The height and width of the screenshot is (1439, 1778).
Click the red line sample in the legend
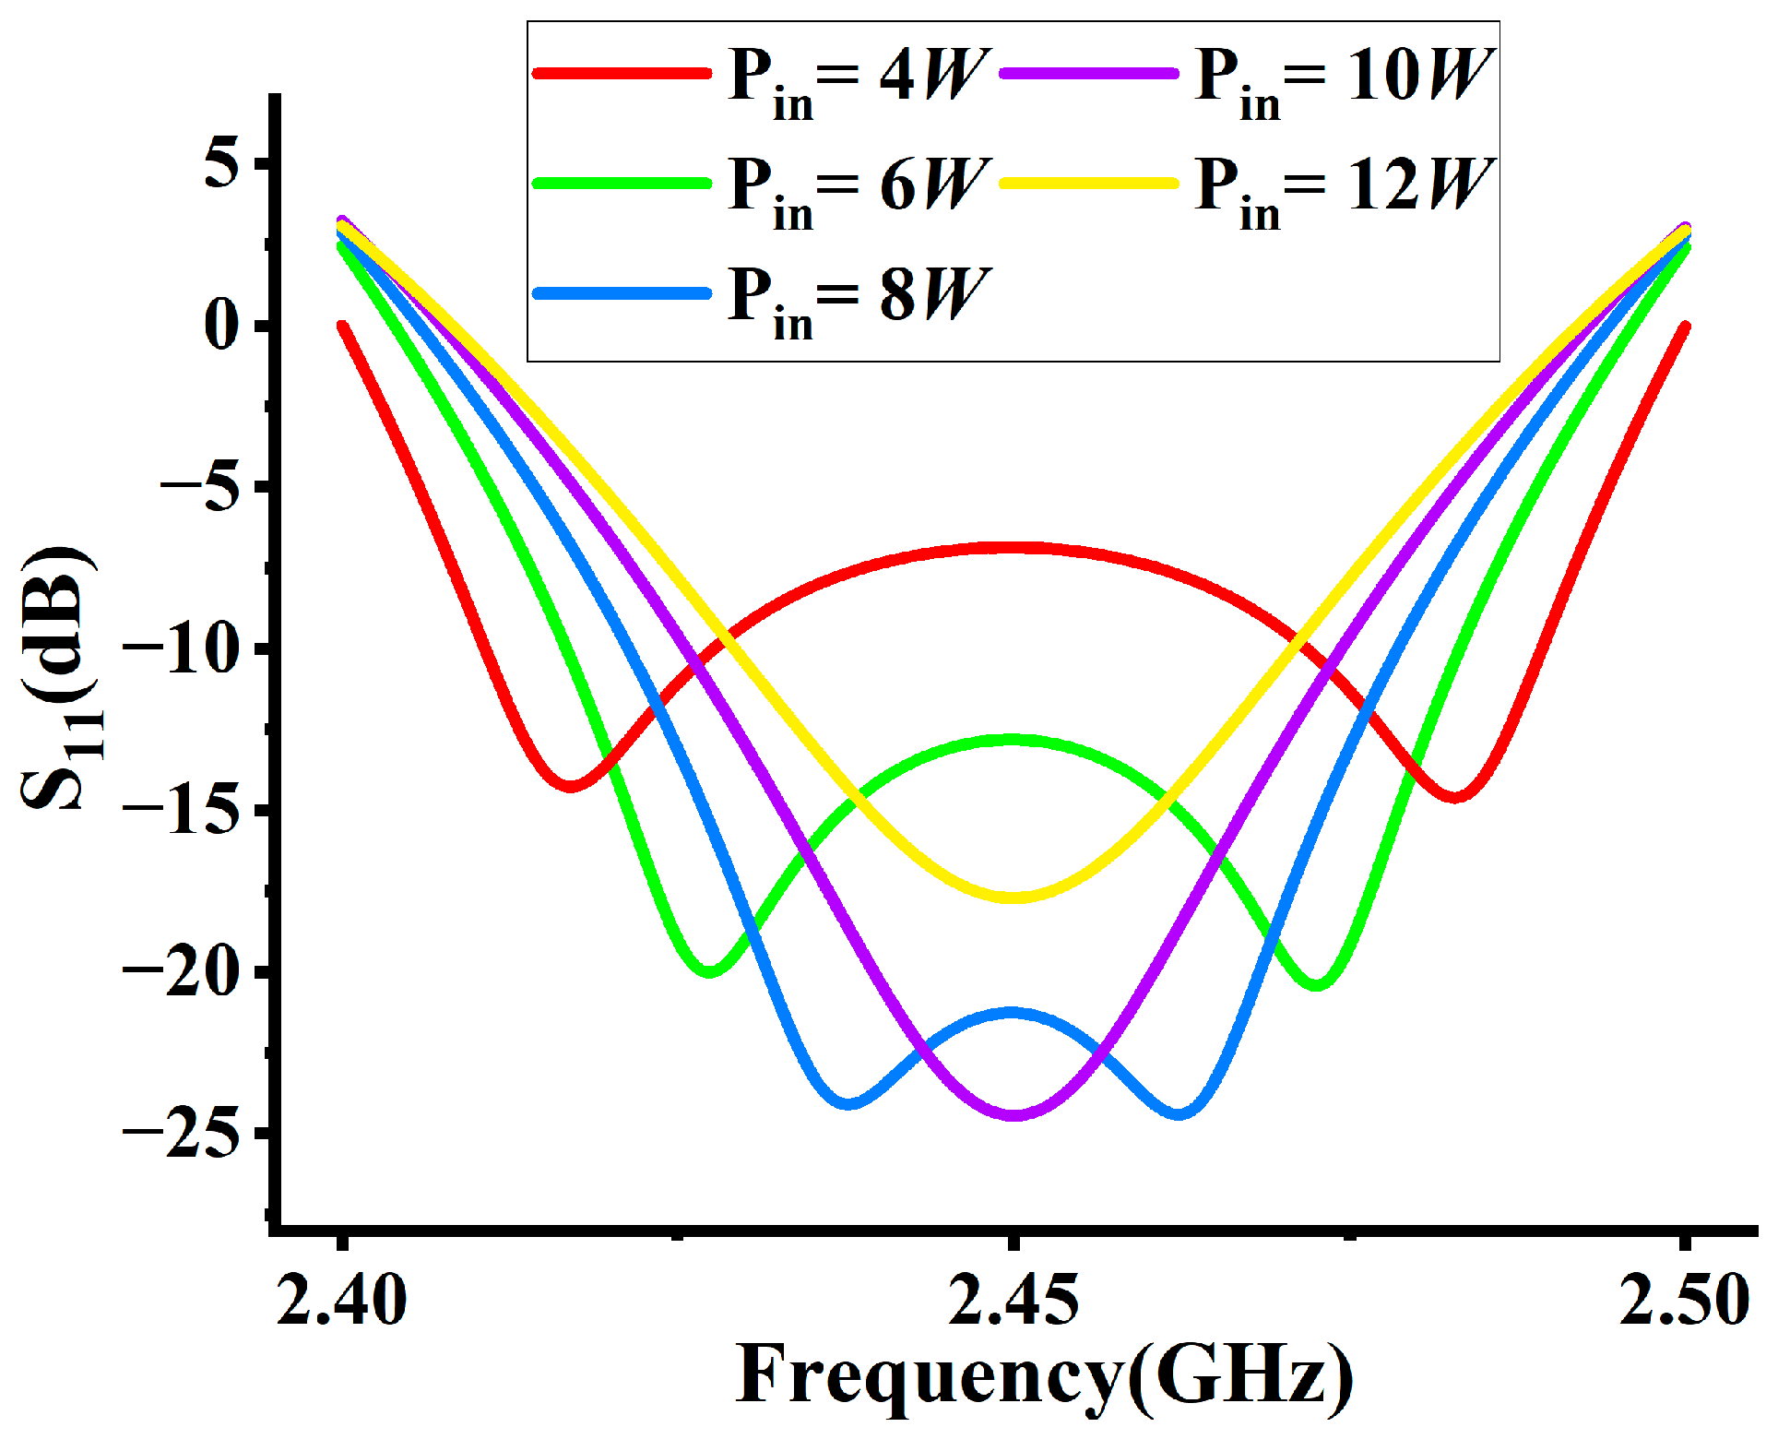tap(622, 72)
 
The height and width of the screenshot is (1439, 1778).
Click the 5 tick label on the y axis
tap(222, 163)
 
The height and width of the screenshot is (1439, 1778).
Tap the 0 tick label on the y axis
tap(222, 325)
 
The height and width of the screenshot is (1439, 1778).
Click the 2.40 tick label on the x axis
tap(341, 1301)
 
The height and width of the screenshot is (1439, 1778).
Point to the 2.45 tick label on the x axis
tap(1013, 1301)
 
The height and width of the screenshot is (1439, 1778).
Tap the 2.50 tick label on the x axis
tap(1684, 1301)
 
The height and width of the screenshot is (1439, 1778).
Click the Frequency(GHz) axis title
tap(1044, 1376)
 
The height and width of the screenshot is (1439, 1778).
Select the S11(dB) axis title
tap(57, 679)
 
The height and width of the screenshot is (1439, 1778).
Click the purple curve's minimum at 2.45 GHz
tap(1013, 1115)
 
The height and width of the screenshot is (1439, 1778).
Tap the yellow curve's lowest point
tap(1013, 897)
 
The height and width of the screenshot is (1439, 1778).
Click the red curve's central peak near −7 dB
tap(1013, 548)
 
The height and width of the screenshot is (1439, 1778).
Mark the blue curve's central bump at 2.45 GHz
tap(1013, 1013)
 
